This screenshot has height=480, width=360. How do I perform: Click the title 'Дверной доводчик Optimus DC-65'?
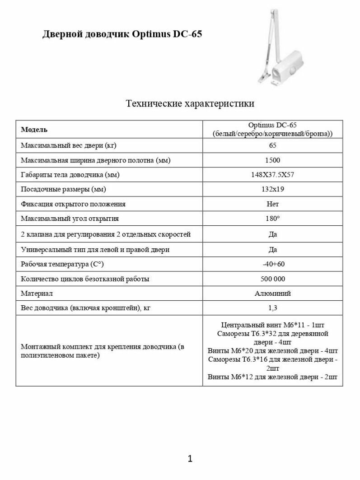pos(122,35)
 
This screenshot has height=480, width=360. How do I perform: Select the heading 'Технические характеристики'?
pos(190,104)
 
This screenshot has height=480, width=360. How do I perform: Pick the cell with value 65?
pos(272,145)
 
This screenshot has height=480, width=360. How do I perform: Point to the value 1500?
pos(272,160)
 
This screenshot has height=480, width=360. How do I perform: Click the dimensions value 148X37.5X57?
pos(272,175)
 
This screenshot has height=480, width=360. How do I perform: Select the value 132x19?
pos(272,189)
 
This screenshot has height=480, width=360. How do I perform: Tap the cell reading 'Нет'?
pos(272,204)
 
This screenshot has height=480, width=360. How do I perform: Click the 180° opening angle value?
pos(272,219)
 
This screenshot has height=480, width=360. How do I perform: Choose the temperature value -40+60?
pos(272,264)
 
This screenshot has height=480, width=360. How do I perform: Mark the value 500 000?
pos(272,279)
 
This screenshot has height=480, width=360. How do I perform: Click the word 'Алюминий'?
pos(272,294)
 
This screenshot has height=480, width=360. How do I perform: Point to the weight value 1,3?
pos(272,308)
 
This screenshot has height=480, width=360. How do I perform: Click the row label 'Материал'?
pos(37,294)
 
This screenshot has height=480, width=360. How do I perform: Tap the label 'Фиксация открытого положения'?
pos(73,204)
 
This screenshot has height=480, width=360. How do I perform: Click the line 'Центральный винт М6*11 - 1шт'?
pos(272,325)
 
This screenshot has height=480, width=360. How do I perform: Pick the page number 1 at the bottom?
pos(190,459)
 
